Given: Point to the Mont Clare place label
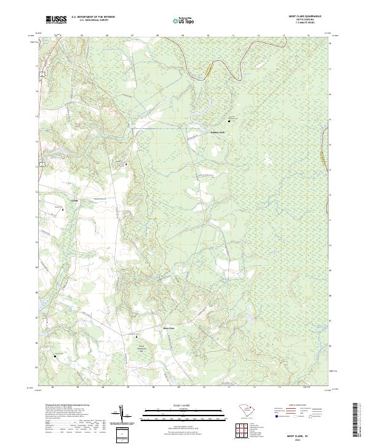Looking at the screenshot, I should pyautogui.click(x=169, y=328).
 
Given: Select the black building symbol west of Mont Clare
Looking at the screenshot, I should pyautogui.click(x=137, y=336).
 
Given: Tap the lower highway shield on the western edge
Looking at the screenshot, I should pyautogui.click(x=41, y=163).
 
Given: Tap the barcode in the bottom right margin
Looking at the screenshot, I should pyautogui.click(x=357, y=417).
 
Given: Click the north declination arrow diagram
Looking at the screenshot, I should pyautogui.click(x=124, y=417).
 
